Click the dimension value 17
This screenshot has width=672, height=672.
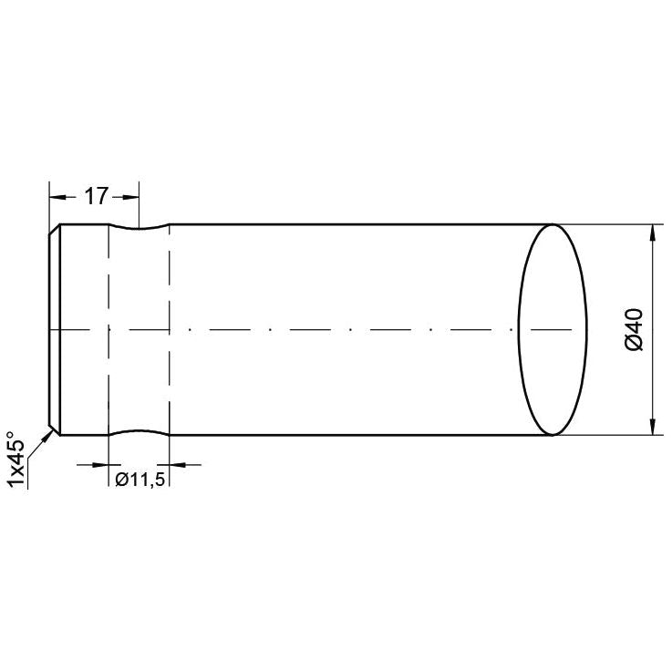point(97,195)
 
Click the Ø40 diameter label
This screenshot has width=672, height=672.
point(636,329)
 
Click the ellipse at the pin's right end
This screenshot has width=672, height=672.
point(551,329)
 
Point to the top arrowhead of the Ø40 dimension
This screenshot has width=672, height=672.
point(652,232)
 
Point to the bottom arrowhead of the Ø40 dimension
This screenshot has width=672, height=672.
point(652,427)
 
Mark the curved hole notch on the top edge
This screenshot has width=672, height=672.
point(140,228)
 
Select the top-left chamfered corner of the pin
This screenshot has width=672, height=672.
point(55,229)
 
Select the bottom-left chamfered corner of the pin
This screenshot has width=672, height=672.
point(55,429)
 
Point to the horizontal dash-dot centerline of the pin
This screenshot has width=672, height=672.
point(319,329)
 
